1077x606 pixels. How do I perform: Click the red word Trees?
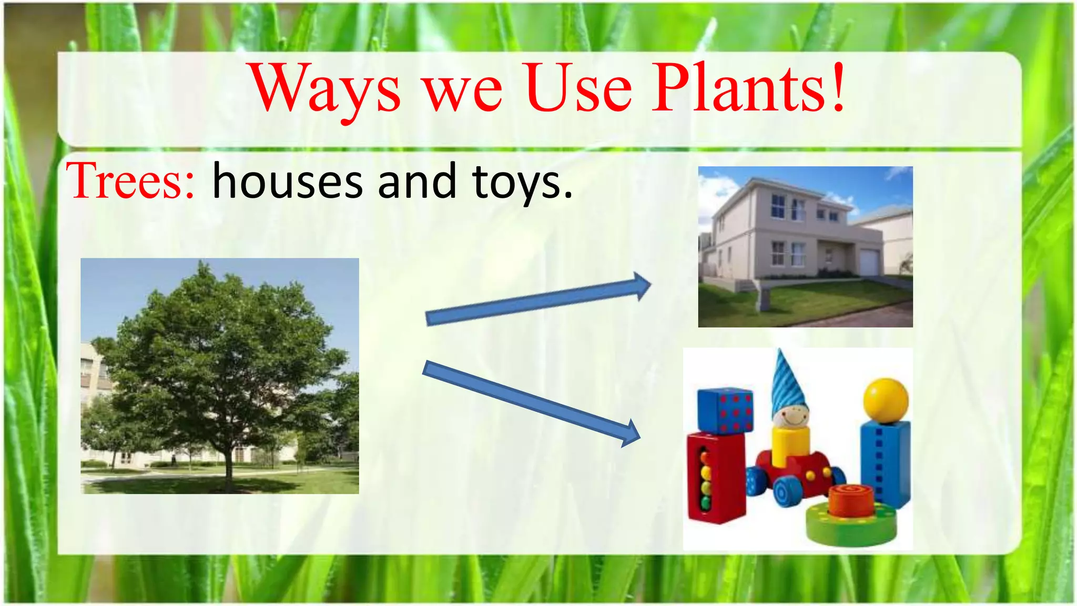(130, 181)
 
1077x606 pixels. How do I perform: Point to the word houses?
(287, 182)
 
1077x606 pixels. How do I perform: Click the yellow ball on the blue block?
(886, 400)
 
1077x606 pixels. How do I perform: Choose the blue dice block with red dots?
(725, 411)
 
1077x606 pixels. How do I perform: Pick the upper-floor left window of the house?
(778, 206)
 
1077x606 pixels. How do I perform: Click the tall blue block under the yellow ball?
(885, 463)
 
